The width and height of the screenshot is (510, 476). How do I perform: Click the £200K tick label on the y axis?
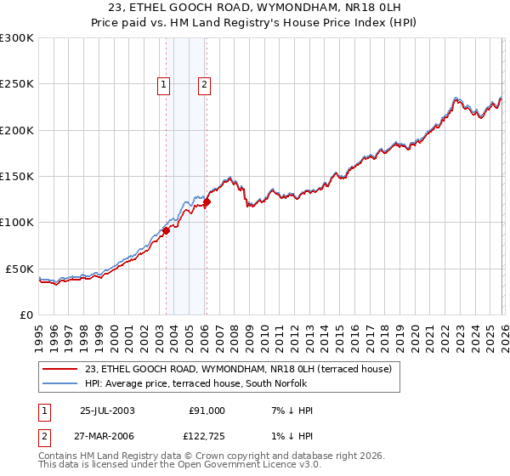click(x=17, y=130)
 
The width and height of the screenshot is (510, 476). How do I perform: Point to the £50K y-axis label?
click(x=20, y=269)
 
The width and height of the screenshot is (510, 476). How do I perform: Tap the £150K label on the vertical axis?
click(x=17, y=176)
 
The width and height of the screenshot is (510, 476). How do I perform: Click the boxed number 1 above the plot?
click(x=162, y=84)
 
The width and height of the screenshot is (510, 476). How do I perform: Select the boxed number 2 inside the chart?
click(x=205, y=84)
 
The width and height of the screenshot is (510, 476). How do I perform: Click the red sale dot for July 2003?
click(x=167, y=229)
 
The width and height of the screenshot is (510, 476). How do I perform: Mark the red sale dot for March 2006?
click(x=207, y=201)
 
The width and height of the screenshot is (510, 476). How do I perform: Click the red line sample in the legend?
click(x=60, y=369)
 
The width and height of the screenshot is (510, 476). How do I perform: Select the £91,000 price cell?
click(x=207, y=411)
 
